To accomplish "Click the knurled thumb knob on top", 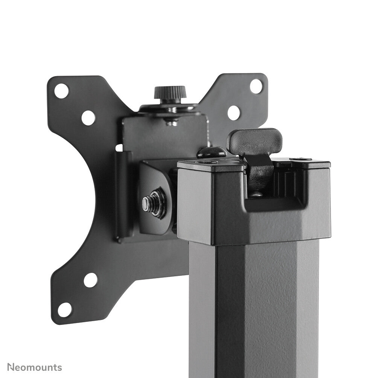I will click(170, 92).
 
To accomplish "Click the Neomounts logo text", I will click(35, 367).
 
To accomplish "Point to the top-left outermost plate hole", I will click(61, 91).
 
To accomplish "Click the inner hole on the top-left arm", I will click(88, 118).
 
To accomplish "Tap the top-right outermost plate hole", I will click(256, 86).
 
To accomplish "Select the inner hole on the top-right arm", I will click(233, 113).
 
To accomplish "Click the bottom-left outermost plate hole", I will click(65, 309).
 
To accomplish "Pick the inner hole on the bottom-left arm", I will click(90, 280).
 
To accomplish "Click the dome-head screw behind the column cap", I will click(212, 152).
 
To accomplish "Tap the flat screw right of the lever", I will click(300, 159).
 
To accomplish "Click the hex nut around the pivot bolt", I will click(156, 203).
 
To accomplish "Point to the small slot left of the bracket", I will click(119, 148).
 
